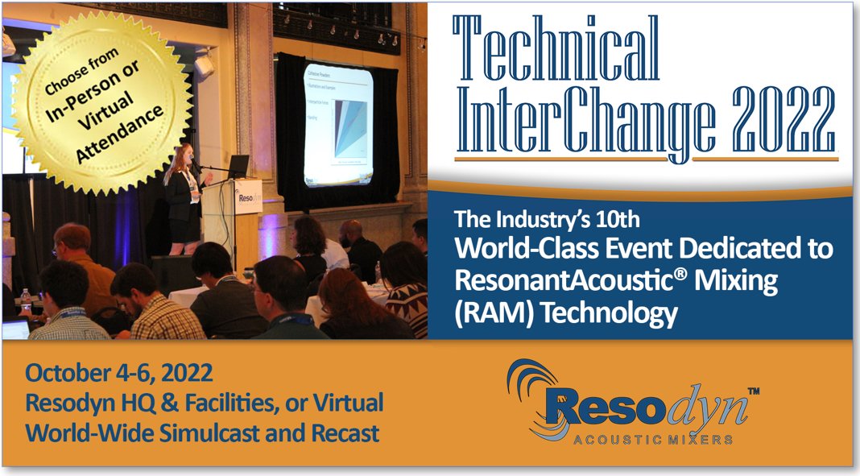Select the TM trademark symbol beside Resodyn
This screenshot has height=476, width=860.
(753, 391)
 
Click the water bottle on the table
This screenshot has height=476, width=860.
(26, 300)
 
